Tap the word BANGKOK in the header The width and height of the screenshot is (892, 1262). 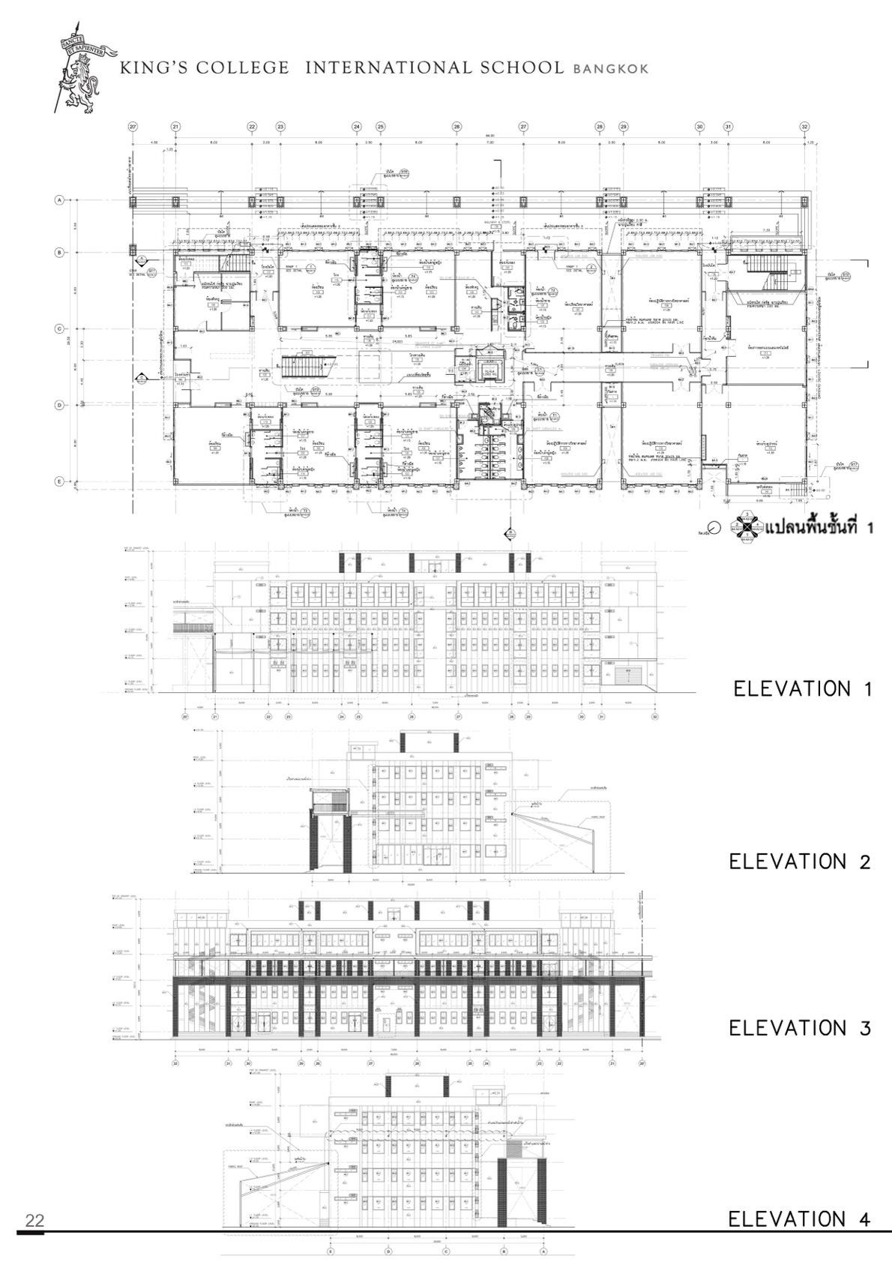[x=610, y=69]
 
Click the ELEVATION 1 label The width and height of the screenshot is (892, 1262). [x=803, y=688]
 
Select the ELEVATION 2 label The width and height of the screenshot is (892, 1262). [x=800, y=862]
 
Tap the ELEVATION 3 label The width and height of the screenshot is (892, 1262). [x=800, y=1027]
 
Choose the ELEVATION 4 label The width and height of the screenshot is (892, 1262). [x=799, y=1219]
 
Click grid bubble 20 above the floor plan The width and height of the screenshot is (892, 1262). [x=133, y=127]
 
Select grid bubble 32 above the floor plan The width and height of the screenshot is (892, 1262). [x=804, y=127]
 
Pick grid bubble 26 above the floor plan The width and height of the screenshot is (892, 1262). [x=456, y=127]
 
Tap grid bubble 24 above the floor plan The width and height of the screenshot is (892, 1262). [x=357, y=127]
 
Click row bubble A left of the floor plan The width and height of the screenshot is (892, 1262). [x=58, y=200]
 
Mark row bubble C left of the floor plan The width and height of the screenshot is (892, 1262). [x=58, y=329]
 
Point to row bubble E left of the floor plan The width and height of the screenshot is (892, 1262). [x=58, y=481]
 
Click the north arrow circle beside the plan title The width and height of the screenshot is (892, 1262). [x=714, y=526]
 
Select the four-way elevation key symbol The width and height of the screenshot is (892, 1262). [x=747, y=525]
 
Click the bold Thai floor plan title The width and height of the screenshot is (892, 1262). [x=820, y=527]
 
